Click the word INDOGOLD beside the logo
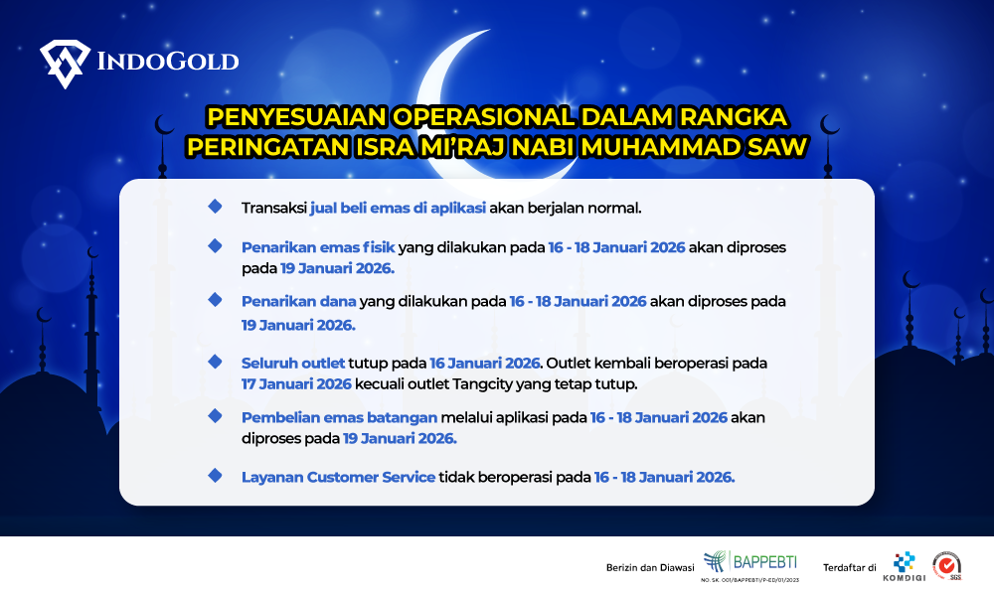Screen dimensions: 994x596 (168, 62)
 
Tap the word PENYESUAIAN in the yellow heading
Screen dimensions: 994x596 (296, 116)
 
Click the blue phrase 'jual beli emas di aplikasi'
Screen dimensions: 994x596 (399, 208)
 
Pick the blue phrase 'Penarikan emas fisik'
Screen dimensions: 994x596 (318, 247)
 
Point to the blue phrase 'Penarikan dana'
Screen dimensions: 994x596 (298, 302)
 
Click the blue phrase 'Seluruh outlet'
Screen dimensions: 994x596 (293, 363)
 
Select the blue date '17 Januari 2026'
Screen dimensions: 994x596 (296, 383)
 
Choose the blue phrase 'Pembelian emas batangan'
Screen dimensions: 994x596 (339, 417)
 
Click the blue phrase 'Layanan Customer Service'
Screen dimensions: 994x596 (339, 477)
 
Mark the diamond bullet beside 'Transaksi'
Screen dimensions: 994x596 (215, 206)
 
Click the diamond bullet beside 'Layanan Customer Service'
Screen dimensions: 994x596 (215, 475)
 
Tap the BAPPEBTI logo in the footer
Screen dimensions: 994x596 (749, 565)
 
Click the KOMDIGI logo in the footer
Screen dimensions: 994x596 (904, 566)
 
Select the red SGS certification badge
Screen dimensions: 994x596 (947, 565)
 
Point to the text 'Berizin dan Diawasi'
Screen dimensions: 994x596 (650, 567)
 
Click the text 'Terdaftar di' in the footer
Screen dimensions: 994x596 (850, 567)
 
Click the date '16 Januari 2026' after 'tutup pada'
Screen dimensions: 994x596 (485, 363)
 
